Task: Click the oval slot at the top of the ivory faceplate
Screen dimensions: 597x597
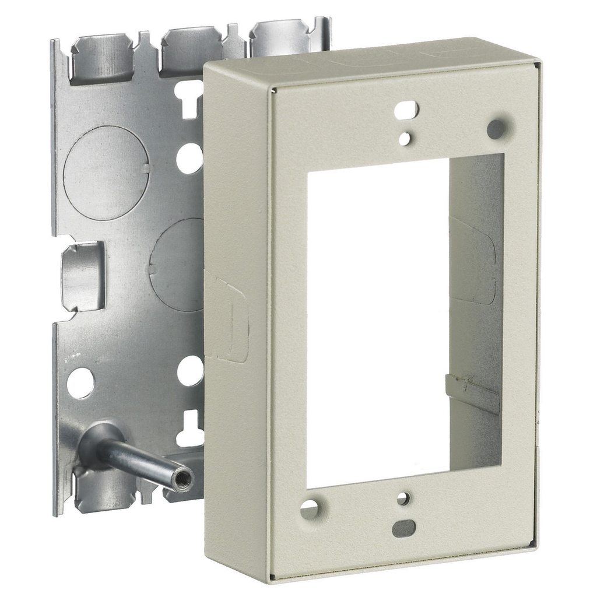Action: click(x=406, y=108)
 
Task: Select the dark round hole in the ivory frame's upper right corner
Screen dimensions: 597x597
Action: click(x=496, y=129)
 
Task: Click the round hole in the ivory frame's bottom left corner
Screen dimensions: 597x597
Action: click(x=310, y=510)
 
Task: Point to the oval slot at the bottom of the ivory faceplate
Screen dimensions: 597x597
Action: click(x=403, y=528)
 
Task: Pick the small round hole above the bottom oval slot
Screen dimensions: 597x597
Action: click(x=403, y=498)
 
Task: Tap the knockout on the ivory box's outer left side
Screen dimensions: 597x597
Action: click(x=229, y=318)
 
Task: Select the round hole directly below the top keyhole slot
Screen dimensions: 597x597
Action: click(x=189, y=157)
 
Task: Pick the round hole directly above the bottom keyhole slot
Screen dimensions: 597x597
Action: click(x=190, y=371)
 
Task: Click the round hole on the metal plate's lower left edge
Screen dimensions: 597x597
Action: click(x=80, y=383)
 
